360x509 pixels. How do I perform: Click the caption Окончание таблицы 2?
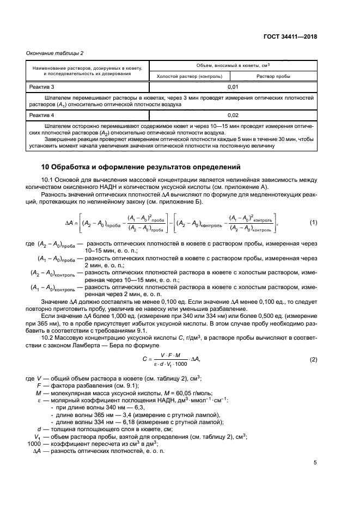(x=55, y=52)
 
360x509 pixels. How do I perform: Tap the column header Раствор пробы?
(x=273, y=77)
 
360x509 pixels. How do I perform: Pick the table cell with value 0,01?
(x=233, y=87)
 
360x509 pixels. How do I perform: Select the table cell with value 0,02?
(x=233, y=115)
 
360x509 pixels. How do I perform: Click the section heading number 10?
(x=47, y=167)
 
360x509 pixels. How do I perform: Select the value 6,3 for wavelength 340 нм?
(x=125, y=407)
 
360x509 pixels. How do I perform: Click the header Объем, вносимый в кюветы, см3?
(x=233, y=65)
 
